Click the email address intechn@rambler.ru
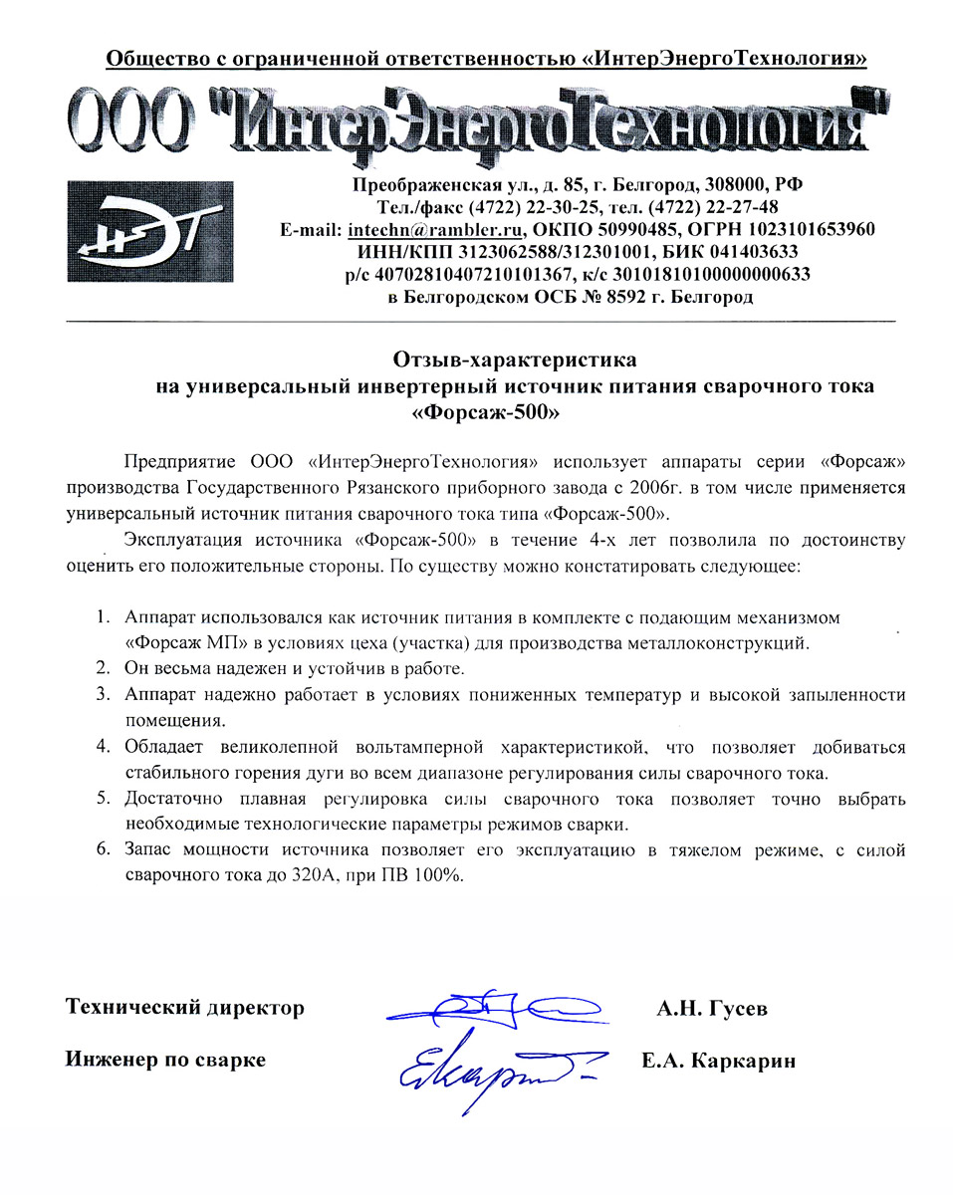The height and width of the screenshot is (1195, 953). pyautogui.click(x=434, y=229)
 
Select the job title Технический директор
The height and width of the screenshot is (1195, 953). pyautogui.click(x=184, y=1008)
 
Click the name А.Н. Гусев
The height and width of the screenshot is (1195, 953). pyautogui.click(x=711, y=1008)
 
